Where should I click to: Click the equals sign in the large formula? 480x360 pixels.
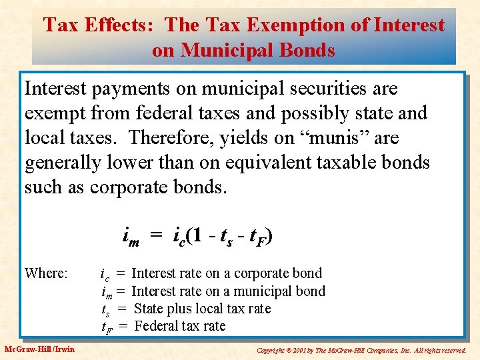click(x=155, y=236)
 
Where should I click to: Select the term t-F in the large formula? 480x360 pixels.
click(x=257, y=236)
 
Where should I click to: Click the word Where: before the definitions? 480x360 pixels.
click(x=46, y=273)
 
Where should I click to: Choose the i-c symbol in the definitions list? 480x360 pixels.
click(x=105, y=274)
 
